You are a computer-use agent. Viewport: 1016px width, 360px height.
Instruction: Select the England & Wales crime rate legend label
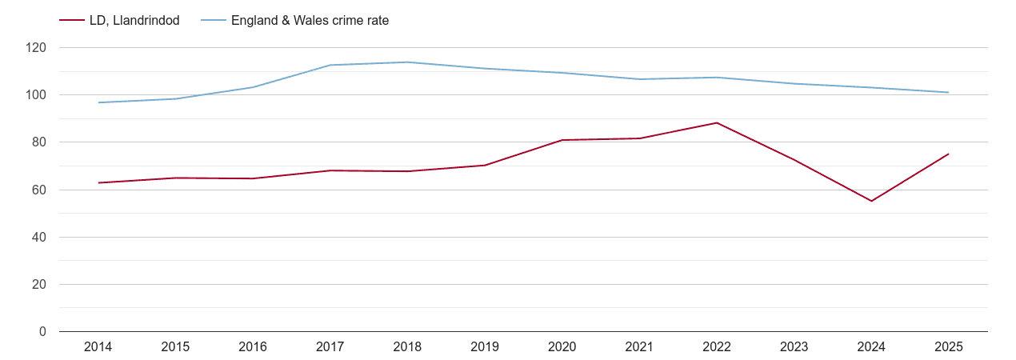click(310, 21)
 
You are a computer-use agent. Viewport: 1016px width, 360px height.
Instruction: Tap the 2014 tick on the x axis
click(98, 346)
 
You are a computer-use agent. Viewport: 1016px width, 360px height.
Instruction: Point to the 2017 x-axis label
click(330, 346)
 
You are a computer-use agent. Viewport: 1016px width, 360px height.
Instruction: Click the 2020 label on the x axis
click(562, 346)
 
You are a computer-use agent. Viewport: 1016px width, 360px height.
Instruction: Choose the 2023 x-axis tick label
click(794, 346)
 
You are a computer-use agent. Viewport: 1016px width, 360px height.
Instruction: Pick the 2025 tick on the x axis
click(948, 346)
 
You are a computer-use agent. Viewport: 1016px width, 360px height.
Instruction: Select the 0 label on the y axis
click(42, 332)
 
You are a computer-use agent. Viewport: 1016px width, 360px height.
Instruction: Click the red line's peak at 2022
click(717, 122)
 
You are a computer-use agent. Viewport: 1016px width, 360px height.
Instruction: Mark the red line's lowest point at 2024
click(871, 201)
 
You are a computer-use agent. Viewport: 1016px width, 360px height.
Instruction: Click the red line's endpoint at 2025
click(948, 154)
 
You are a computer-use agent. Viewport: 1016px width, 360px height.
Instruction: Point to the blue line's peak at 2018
click(407, 62)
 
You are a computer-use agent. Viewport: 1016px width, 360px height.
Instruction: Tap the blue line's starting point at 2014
click(98, 102)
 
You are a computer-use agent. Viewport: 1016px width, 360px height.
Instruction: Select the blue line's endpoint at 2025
click(948, 92)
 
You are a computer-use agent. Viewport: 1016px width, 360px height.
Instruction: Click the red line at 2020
click(562, 140)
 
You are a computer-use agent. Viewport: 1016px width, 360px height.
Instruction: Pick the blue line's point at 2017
click(330, 65)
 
